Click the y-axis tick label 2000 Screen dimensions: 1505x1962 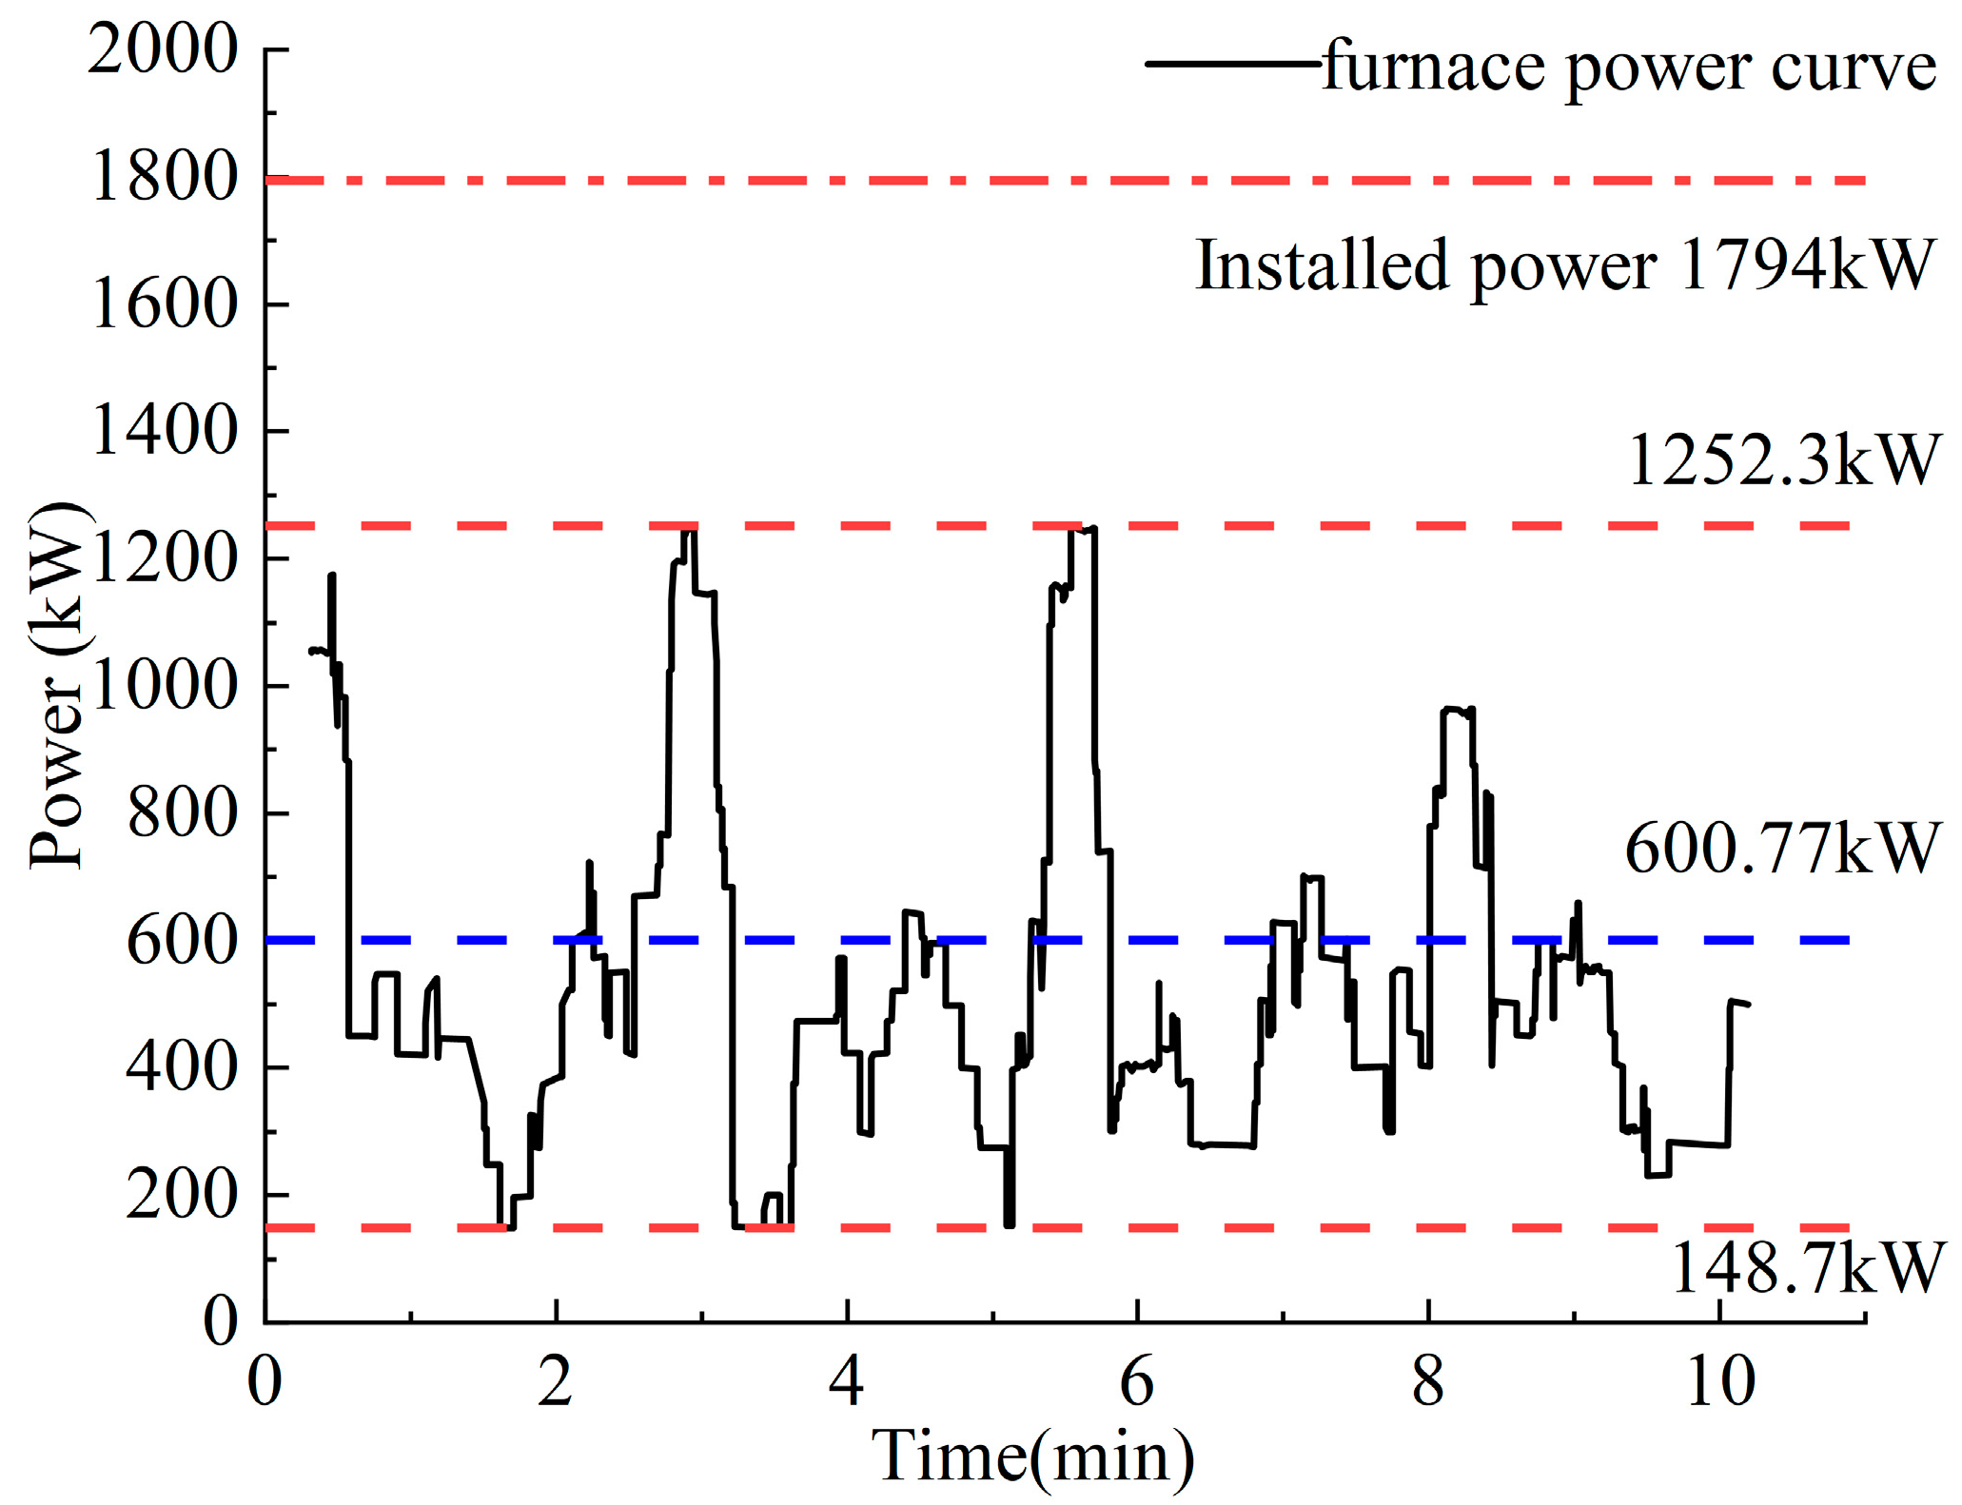click(162, 49)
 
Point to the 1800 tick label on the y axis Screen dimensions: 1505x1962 click(164, 178)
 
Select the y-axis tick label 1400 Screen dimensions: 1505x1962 click(164, 431)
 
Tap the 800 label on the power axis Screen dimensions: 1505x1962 click(181, 813)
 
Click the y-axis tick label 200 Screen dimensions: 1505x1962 click(181, 1195)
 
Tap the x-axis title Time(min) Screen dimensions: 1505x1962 click(1033, 1456)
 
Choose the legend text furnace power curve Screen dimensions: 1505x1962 click(1629, 67)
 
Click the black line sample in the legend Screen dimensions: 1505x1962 click(1232, 64)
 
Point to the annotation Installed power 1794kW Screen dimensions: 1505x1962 click(1565, 265)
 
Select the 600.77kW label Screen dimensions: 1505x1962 click(1782, 849)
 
